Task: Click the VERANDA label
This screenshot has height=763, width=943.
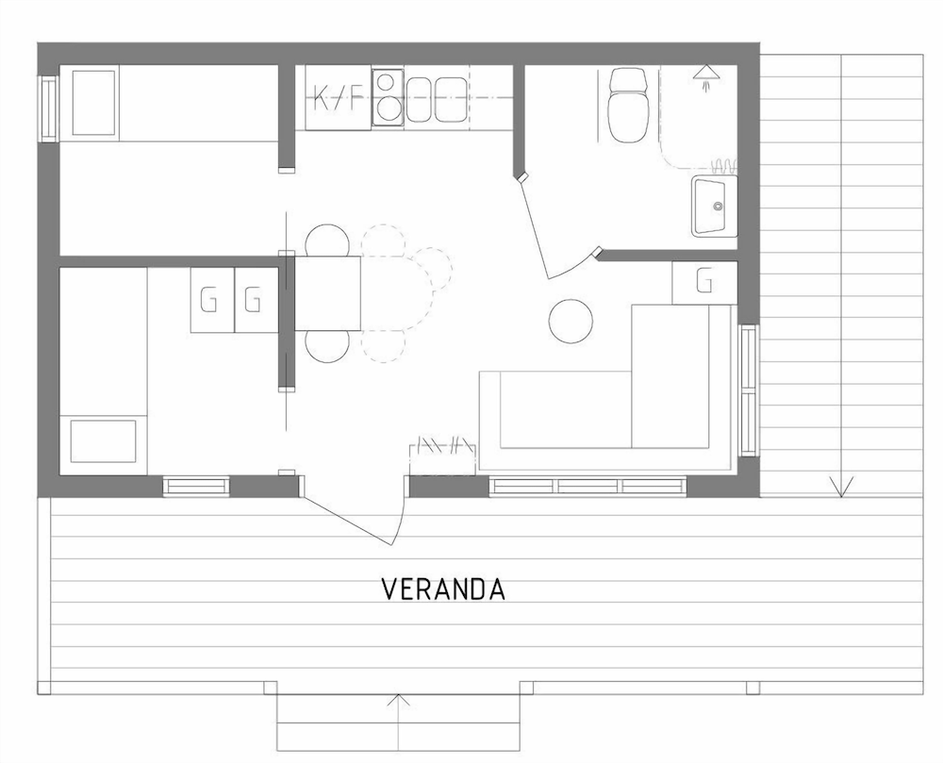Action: (x=443, y=589)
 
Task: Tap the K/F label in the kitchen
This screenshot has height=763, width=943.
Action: (x=339, y=98)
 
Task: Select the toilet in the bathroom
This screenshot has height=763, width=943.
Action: (x=628, y=105)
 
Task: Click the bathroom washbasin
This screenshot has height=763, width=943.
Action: (x=715, y=206)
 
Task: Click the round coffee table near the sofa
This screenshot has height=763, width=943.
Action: (x=571, y=321)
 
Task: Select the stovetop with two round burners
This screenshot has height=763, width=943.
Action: (x=388, y=98)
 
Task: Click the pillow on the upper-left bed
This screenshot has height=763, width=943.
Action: (x=93, y=103)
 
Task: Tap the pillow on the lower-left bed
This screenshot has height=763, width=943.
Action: (x=104, y=441)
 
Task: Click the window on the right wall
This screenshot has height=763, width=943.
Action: (x=748, y=390)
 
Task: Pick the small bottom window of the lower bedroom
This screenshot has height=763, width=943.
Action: (x=197, y=487)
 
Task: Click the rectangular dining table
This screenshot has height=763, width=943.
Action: (x=328, y=293)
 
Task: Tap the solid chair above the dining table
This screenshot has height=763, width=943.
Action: (x=327, y=241)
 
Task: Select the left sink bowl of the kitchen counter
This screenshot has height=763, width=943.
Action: (x=421, y=99)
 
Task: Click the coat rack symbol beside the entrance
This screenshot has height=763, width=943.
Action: (x=442, y=445)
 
